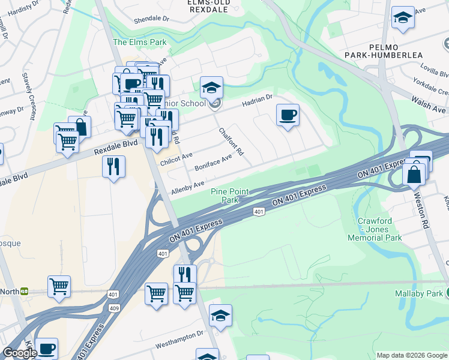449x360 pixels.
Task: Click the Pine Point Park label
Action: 226,195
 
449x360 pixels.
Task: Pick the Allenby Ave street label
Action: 188,186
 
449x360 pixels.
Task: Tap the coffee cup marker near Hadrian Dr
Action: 288,115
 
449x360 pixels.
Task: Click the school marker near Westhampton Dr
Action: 221,316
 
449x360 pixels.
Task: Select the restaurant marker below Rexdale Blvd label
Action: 113,166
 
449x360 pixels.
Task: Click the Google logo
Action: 20,353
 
